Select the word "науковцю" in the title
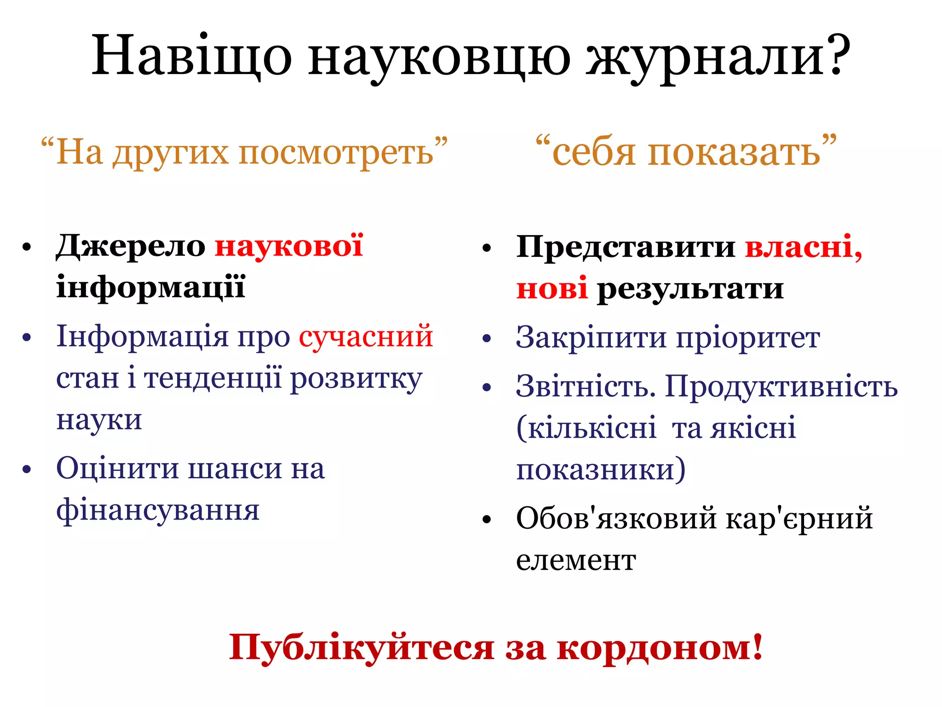[439, 58]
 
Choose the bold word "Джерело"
[131, 246]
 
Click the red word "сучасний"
[366, 336]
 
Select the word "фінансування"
[158, 510]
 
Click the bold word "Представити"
[626, 247]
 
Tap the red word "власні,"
[803, 247]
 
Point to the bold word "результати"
[690, 289]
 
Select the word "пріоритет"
[748, 338]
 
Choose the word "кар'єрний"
[799, 518]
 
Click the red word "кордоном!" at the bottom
[660, 647]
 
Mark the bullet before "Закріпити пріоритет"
[487, 339]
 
